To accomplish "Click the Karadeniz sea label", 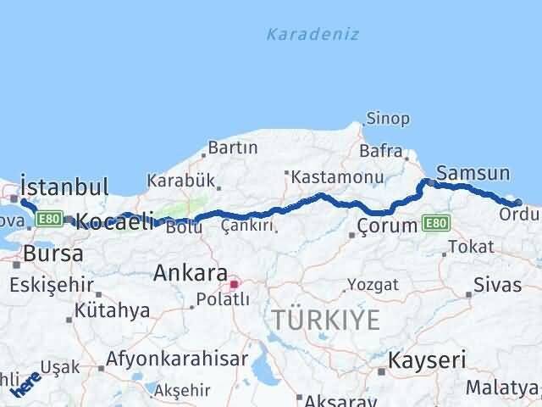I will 312,35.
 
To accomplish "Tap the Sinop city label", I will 388,119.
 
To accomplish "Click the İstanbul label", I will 64,187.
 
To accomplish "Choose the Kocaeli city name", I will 115,222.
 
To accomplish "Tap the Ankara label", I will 191,274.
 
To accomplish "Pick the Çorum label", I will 387,226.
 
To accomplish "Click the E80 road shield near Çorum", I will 435,223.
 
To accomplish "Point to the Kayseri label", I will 427,360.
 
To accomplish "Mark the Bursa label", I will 53,254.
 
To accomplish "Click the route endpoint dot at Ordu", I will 518,202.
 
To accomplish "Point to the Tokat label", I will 470,247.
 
